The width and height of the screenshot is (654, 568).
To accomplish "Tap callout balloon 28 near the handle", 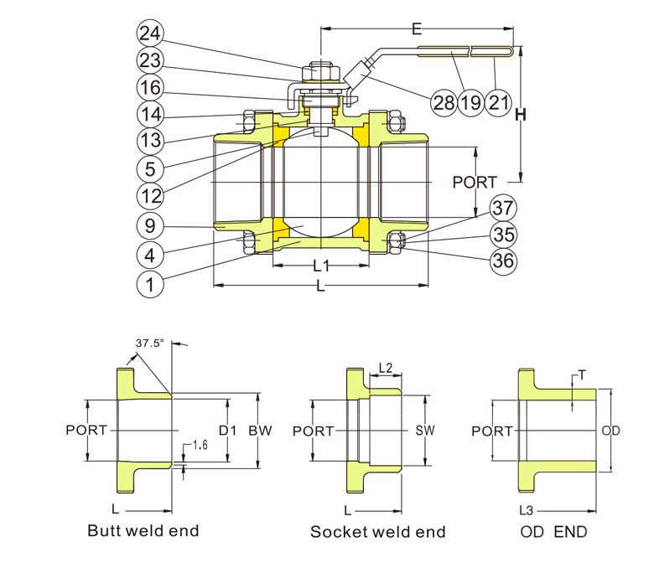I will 444,103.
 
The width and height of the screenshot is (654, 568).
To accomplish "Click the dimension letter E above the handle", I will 417,28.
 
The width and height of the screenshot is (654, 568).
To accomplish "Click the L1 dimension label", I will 321,266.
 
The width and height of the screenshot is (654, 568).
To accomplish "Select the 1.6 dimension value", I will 200,443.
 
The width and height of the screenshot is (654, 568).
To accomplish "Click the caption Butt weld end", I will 143,530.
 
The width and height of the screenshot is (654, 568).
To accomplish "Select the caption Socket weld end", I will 378,531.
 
